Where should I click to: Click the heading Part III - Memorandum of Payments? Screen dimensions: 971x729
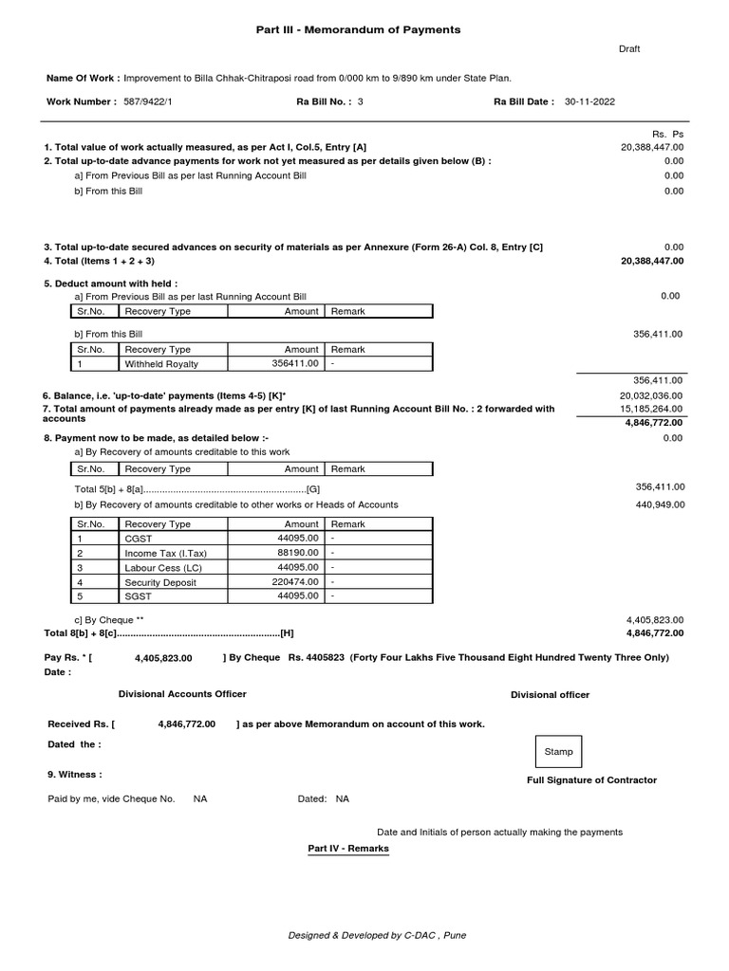(x=358, y=29)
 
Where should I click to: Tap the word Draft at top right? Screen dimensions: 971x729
(x=629, y=48)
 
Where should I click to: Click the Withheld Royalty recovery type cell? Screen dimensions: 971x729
(x=161, y=363)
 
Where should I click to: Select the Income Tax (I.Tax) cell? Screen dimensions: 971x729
(x=165, y=553)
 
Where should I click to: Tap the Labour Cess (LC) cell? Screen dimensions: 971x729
(x=163, y=567)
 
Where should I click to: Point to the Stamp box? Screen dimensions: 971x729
(x=558, y=751)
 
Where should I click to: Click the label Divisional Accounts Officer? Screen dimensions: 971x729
(x=182, y=694)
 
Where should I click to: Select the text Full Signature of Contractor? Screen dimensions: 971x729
(x=591, y=779)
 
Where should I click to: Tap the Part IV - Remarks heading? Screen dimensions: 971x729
(x=348, y=848)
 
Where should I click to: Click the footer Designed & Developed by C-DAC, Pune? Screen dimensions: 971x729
(x=377, y=935)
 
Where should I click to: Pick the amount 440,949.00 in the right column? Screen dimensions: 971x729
(x=660, y=504)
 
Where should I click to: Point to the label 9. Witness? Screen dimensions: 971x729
(x=75, y=774)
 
